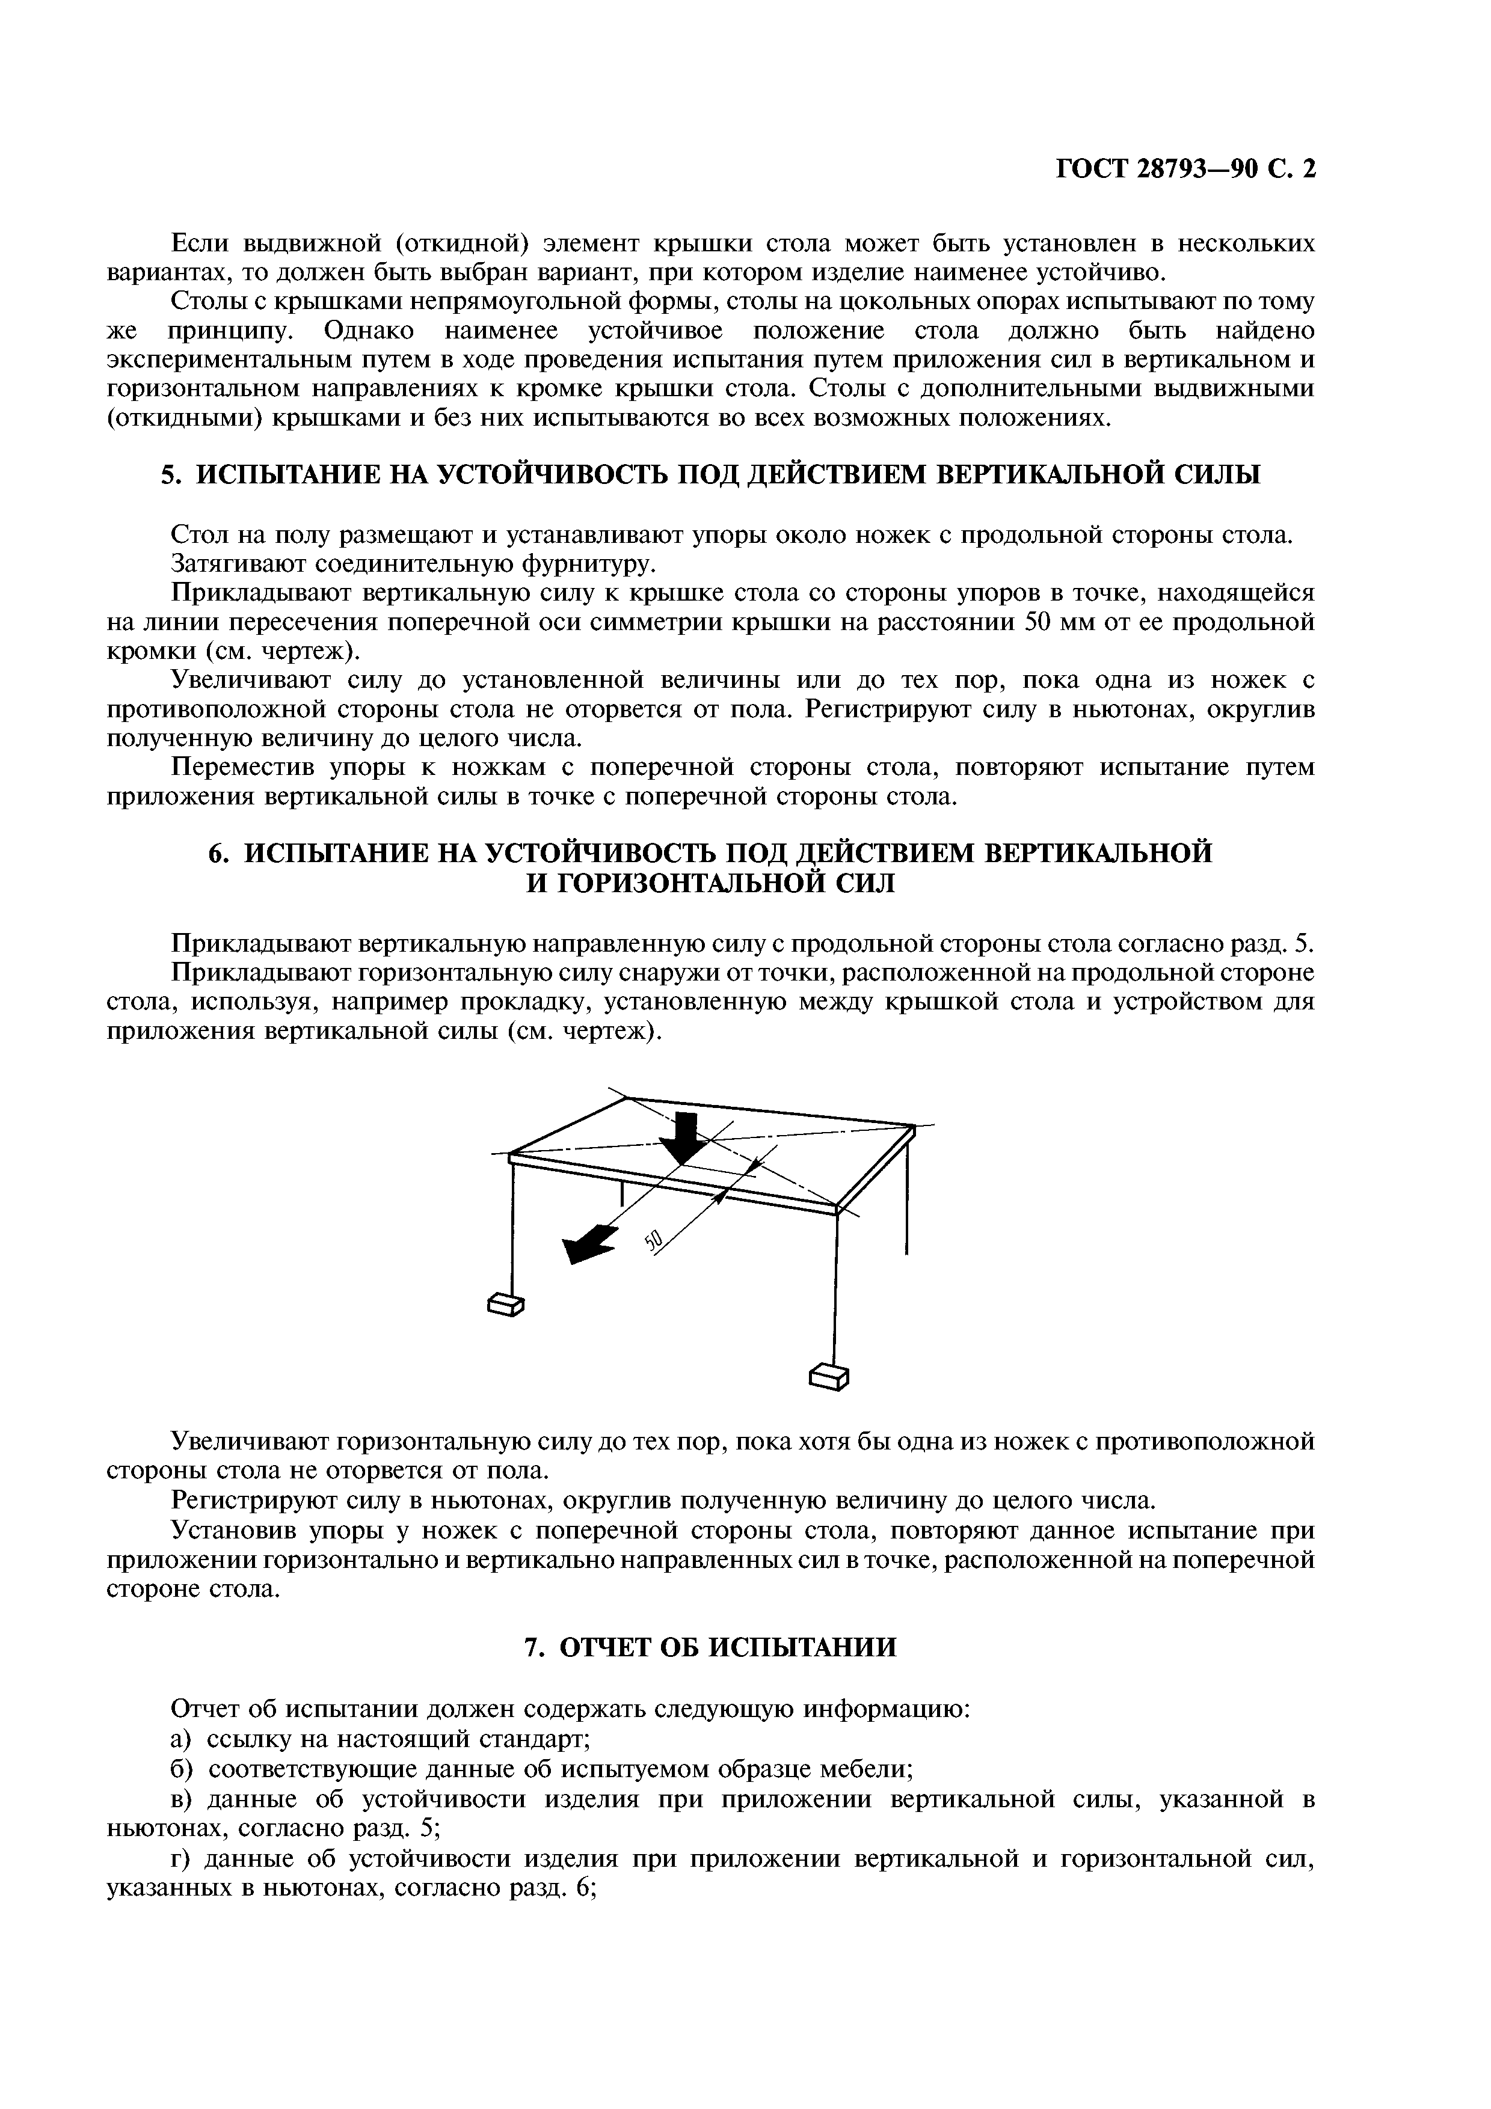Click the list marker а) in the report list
(181, 1739)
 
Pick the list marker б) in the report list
(182, 1768)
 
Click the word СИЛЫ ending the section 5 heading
(1218, 475)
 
